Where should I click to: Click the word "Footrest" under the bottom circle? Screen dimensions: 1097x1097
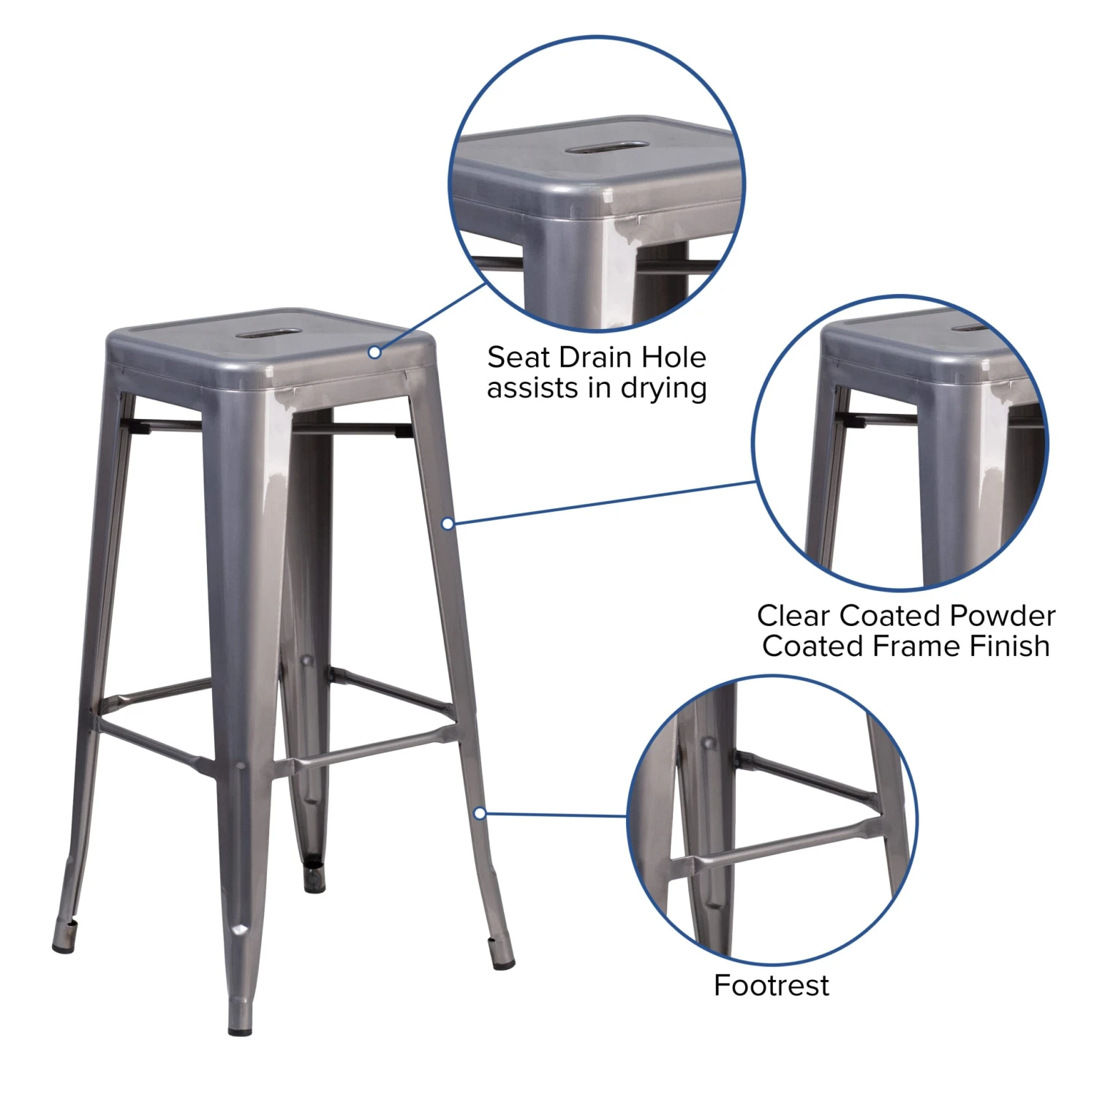(x=771, y=985)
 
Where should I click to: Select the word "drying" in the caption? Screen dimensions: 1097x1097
(x=663, y=389)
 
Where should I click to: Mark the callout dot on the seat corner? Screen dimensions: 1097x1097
(x=374, y=353)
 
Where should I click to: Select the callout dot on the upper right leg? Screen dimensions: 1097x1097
(x=448, y=524)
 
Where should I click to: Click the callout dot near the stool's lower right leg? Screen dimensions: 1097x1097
(x=480, y=813)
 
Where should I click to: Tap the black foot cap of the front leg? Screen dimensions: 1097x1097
(x=240, y=1031)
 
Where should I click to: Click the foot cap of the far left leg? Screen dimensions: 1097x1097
(x=64, y=948)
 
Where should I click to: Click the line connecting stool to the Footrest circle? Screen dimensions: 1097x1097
(x=556, y=814)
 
